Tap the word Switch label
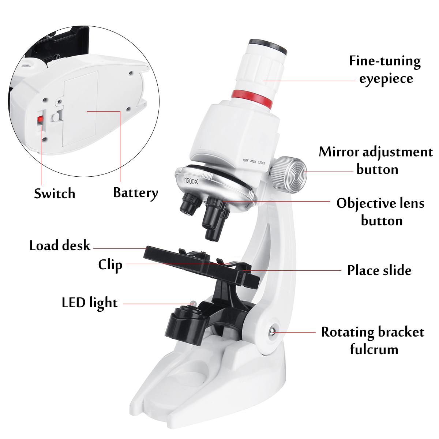pos(55,194)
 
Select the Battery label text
pos(136,193)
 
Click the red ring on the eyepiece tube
pos(252,99)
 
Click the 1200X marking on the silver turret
pos(192,181)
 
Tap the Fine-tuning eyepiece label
pos(385,70)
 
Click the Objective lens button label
pos(381,212)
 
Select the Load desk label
pos(60,245)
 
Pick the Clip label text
pos(110,265)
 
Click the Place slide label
pos(379,270)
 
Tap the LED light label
pos(90,303)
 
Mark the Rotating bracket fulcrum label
pos(373,341)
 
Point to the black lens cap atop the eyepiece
pos(268,45)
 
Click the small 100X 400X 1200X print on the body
pos(254,162)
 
